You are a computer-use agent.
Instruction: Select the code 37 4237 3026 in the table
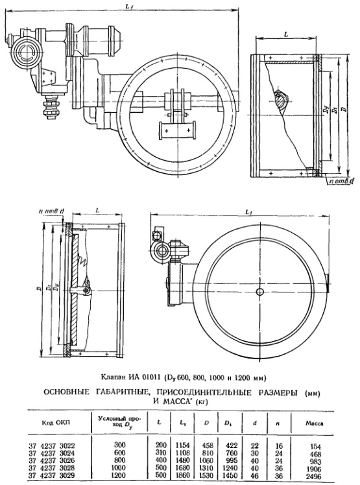point(51,460)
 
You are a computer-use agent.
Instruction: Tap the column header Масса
point(314,423)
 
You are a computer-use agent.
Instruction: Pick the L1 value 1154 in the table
point(182,445)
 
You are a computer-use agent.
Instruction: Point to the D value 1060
point(206,460)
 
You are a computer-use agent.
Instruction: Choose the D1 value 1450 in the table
point(230,476)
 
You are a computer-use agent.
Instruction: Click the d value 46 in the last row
point(254,476)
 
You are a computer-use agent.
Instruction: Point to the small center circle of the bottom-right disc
point(260,292)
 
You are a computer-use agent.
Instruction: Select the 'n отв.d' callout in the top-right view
point(341,181)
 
